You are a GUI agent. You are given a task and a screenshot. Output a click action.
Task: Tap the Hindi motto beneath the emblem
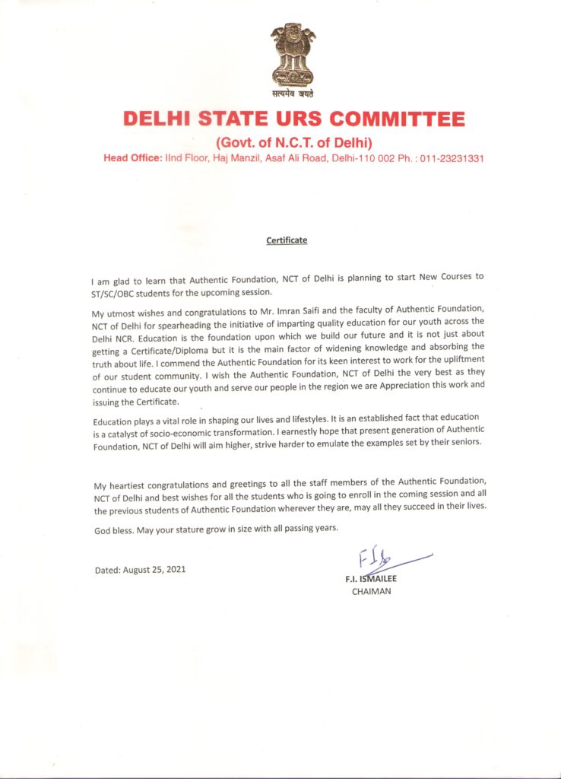[x=293, y=94]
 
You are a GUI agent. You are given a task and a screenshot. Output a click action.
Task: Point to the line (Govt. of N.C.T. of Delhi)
[x=293, y=142]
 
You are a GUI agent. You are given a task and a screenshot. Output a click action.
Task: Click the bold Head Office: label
[x=132, y=159]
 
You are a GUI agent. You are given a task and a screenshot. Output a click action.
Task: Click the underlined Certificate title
[x=287, y=240]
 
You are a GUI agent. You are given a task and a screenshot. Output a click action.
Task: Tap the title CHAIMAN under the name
[x=371, y=590]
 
